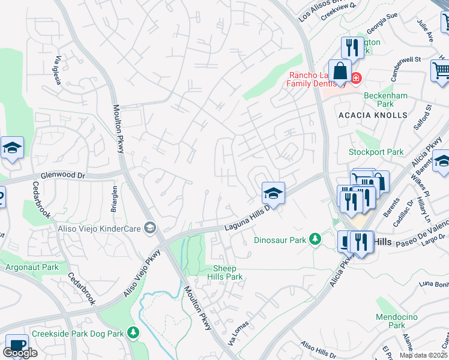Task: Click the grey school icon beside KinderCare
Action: (150, 227)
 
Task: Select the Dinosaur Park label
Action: (280, 240)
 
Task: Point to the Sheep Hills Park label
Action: (225, 272)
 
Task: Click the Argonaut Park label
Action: (32, 266)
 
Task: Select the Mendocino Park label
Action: (390, 321)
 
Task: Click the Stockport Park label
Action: (376, 152)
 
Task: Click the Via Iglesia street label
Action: (59, 70)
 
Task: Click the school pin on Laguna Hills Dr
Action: (273, 193)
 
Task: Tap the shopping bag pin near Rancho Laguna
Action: (340, 71)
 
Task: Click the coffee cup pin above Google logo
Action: (16, 344)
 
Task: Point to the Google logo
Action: (20, 353)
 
